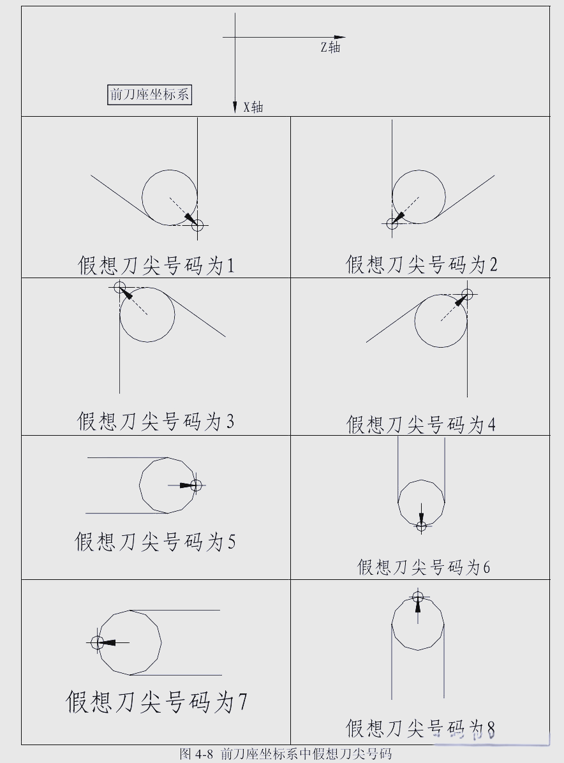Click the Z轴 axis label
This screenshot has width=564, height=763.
pos(330,47)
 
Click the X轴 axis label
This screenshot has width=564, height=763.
pos(253,107)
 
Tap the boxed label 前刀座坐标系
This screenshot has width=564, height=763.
pos(150,94)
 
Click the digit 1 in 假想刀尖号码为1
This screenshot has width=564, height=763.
pos(230,266)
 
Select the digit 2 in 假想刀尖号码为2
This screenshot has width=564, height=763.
pos(493,265)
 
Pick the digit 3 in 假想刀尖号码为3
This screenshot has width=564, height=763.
pos(230,422)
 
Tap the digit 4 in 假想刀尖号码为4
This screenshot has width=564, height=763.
pos(492,425)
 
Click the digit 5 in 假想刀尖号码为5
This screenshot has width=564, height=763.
pos(231,542)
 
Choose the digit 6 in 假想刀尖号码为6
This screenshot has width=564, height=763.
pos(487,567)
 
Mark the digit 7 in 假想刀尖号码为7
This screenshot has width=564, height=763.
pos(242,702)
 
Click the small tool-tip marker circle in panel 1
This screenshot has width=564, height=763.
pos(197,225)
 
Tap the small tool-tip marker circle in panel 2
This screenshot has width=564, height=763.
pos(392,223)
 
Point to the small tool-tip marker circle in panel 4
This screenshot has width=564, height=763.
pos(467,294)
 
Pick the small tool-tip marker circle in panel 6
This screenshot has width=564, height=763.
pos(421,526)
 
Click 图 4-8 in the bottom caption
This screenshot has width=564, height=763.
pos(196,754)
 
